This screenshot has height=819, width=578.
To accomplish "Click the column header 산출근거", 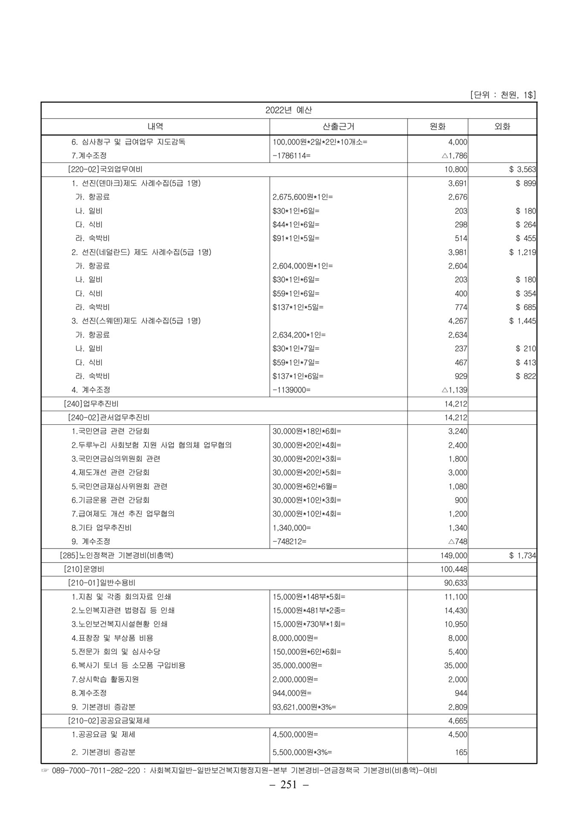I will coord(338,126).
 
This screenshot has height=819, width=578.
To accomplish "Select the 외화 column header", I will coord(502,126).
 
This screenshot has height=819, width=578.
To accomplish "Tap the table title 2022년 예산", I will coord(289,110).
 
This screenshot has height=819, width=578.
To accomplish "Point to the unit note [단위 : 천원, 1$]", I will coord(503,95).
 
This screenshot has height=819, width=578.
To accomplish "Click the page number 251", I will coord(289,785).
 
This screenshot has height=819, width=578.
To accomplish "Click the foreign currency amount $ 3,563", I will coord(523,169).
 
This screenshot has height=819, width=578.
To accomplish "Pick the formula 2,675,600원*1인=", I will coord(303,197).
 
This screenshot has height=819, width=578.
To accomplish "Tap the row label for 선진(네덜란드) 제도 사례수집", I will coord(141,252).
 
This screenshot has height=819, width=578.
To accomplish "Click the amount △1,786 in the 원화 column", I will coord(454,156).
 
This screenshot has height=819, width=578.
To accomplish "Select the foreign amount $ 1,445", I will coord(523,321).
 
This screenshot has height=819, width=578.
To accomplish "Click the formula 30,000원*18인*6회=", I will coord(307,431).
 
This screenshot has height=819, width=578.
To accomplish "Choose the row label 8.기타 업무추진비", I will coord(101,528).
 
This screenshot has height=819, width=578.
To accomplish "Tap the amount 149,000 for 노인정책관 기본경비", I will coord(454,555).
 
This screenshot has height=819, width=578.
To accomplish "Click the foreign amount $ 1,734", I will coord(523,555).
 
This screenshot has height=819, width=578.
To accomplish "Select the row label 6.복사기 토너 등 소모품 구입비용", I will coord(128,665).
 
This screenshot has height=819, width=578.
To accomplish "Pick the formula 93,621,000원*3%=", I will coord(304,707).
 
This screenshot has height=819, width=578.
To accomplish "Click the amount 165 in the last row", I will coord(461,752).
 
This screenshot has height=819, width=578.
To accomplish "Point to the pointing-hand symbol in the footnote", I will coord(45,771).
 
